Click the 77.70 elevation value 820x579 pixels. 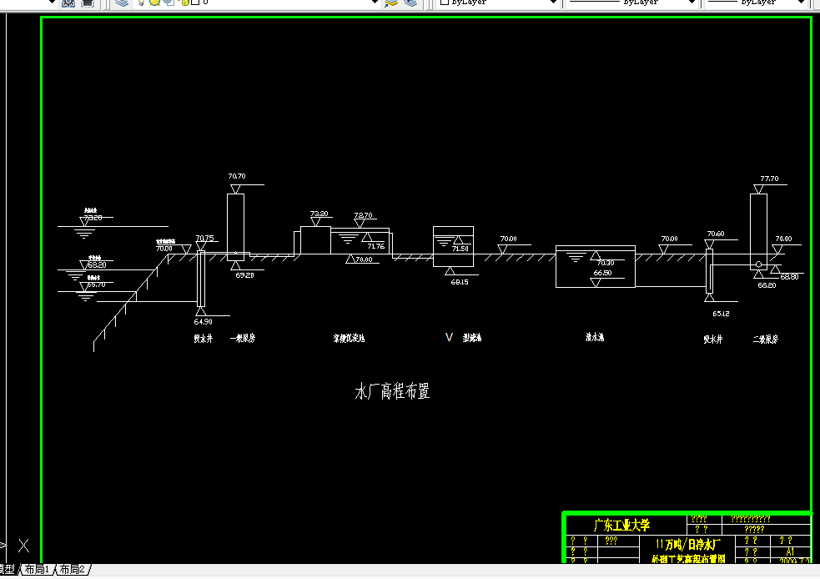pos(769,179)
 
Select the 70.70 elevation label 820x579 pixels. pos(237,176)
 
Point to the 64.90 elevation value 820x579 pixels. pos(203,321)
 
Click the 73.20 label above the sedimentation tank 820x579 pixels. pos(319,214)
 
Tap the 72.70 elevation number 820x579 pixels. pos(363,215)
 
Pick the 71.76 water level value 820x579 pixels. pos(375,246)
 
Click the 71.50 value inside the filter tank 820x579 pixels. pos(460,249)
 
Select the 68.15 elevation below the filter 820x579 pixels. pos(460,282)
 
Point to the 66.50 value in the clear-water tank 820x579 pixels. pos(602,273)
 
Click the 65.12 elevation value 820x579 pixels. pos(722,314)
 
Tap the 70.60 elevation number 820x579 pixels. pos(715,234)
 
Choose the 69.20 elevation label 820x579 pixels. pos(244,274)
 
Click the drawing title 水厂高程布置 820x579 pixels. pos(392,391)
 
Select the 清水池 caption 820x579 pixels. pos(594,338)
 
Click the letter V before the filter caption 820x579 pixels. pos(449,337)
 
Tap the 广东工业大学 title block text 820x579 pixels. pos(621,526)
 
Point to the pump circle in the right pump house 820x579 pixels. pos(758,264)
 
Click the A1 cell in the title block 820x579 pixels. pos(790,551)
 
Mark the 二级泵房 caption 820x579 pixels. pos(765,339)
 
